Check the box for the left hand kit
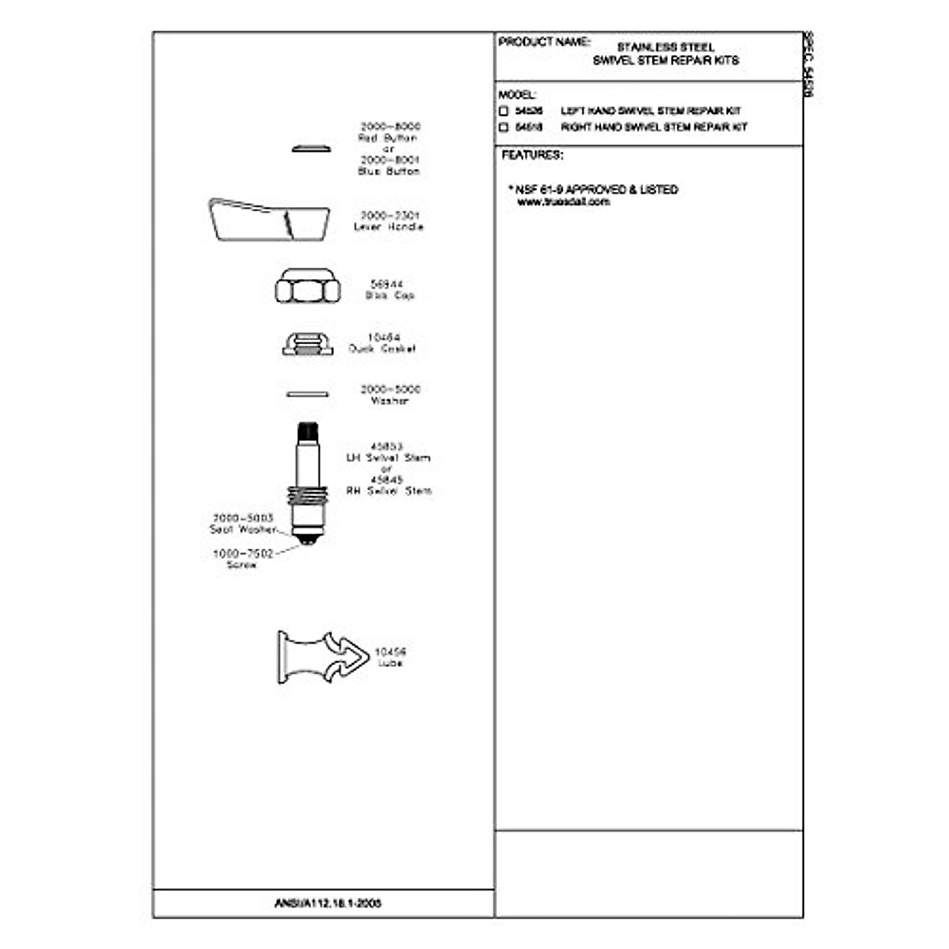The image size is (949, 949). click(x=503, y=112)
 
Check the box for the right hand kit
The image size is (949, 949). click(x=503, y=127)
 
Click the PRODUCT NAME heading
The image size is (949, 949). click(x=544, y=42)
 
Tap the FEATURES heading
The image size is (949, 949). click(x=532, y=156)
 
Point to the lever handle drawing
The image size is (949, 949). click(x=268, y=219)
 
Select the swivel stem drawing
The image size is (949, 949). click(x=308, y=482)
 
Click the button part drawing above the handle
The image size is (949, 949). click(x=312, y=148)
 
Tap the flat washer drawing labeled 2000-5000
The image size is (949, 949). click(x=308, y=393)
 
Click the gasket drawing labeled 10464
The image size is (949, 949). click(x=308, y=344)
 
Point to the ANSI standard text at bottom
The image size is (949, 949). click(x=327, y=902)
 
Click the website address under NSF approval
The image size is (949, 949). click(x=563, y=202)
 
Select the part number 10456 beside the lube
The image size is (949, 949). click(x=390, y=652)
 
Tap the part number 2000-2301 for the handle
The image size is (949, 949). click(x=390, y=215)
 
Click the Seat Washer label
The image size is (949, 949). click(x=243, y=529)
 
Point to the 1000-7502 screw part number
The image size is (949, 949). click(x=243, y=554)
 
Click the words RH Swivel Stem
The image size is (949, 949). click(x=389, y=491)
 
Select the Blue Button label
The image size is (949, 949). click(x=389, y=171)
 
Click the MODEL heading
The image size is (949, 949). click(x=516, y=95)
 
